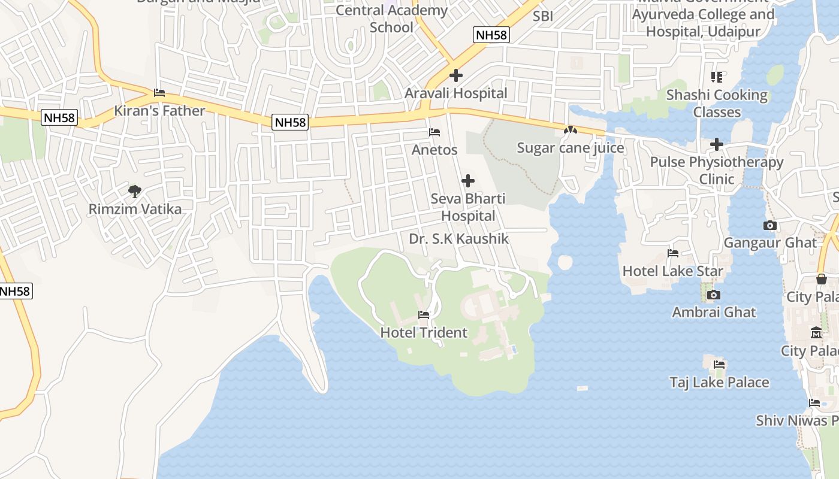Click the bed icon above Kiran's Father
coord(159,93)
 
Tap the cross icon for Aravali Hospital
coord(456,75)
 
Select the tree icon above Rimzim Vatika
coord(135,192)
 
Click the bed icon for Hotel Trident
coord(424,315)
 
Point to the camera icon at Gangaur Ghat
coord(770,226)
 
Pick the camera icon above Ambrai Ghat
coord(713,295)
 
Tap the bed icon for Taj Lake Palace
coord(719,365)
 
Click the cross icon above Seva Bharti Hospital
coord(468,181)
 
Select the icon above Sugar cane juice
coord(571,130)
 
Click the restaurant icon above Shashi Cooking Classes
coord(717,77)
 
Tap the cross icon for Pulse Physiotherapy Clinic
coord(717,144)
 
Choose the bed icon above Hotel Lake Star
coord(673,253)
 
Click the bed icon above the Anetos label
coord(434,132)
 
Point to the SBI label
coord(543,17)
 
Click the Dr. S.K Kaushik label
coord(458,239)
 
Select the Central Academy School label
coord(391,19)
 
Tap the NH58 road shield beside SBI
coord(491,35)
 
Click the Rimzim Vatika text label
coord(135,209)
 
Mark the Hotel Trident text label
coord(424,332)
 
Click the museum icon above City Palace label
coord(816,333)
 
